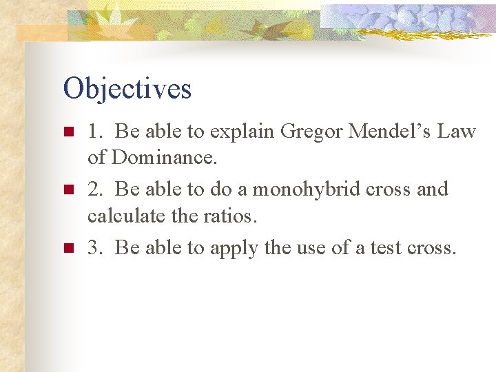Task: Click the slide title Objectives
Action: tap(127, 89)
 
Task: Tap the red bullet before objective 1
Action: tap(69, 132)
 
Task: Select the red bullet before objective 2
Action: tap(69, 189)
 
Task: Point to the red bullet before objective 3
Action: tap(69, 248)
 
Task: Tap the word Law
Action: tap(456, 130)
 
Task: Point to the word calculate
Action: tap(126, 216)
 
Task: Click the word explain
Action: tap(242, 132)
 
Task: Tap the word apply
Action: tap(234, 249)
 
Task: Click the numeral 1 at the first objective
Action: tap(92, 131)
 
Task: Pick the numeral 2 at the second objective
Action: tap(93, 189)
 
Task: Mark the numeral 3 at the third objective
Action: tap(93, 247)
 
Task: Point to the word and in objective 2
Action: tap(433, 189)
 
